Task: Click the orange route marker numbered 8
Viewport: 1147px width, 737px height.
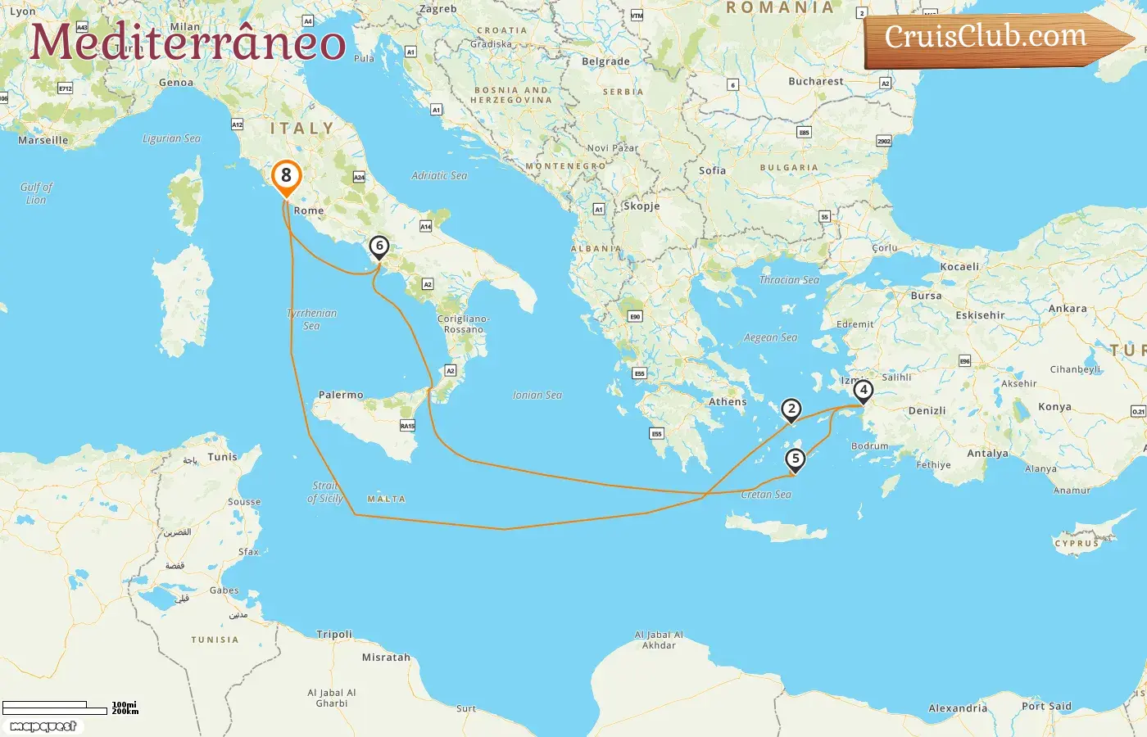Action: (x=286, y=176)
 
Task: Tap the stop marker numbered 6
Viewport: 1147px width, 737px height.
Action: (x=379, y=246)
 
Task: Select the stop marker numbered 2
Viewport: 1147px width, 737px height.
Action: (x=791, y=409)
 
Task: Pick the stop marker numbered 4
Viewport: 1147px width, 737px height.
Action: (x=863, y=391)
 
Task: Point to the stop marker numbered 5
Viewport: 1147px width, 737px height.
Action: (x=795, y=459)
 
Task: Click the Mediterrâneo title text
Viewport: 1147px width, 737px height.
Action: (x=188, y=42)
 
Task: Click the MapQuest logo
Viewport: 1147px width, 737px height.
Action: (x=43, y=726)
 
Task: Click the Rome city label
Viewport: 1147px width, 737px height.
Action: (x=309, y=210)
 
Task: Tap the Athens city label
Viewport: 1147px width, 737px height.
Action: (x=728, y=402)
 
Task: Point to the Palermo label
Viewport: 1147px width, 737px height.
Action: (x=341, y=395)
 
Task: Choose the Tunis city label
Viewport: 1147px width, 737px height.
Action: (x=222, y=457)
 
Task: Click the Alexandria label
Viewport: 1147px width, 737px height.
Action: (x=958, y=708)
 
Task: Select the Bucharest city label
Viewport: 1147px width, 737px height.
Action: (x=815, y=81)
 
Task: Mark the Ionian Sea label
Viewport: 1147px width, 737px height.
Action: (x=537, y=395)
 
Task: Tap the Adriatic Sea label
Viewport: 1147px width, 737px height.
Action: (x=439, y=175)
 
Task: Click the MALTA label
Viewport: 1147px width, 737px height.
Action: (x=386, y=499)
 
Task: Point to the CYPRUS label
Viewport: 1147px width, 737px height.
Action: (x=1077, y=543)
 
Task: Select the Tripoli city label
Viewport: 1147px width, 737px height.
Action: (x=334, y=634)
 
